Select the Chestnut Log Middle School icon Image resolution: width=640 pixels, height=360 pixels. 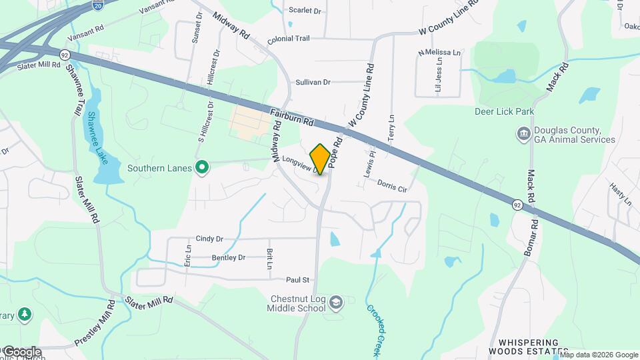(x=336, y=303)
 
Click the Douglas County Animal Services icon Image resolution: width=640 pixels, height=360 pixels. (x=524, y=135)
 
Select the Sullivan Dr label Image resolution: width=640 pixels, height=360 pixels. (x=313, y=82)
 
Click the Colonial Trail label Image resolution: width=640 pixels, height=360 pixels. (x=288, y=39)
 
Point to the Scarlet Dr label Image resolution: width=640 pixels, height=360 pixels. (x=305, y=10)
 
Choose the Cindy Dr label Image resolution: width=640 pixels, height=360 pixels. (x=209, y=238)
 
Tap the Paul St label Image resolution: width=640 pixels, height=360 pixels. (x=298, y=280)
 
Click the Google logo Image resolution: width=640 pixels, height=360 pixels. (x=21, y=352)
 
